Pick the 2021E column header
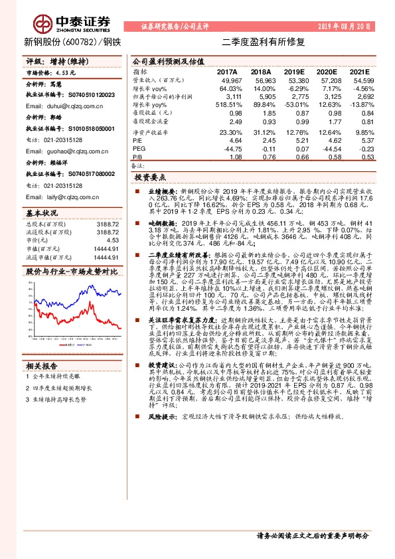(x=358, y=71)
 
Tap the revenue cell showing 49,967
(x=227, y=80)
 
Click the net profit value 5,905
(x=262, y=97)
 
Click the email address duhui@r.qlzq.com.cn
(x=63, y=106)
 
